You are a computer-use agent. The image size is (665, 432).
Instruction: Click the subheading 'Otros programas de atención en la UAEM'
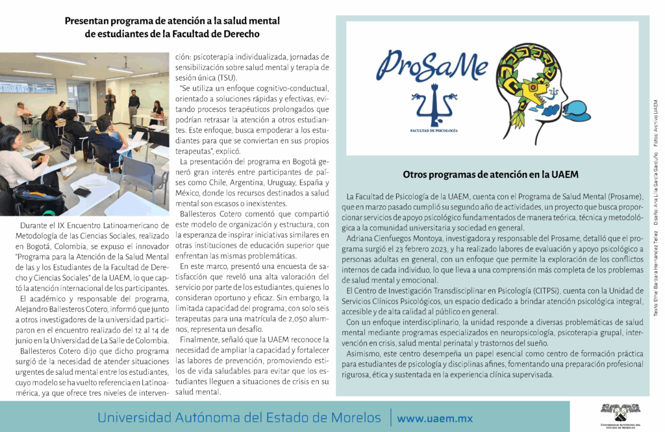pos(490,175)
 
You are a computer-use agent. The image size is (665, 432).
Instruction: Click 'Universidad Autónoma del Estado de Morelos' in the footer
pos(239,417)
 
